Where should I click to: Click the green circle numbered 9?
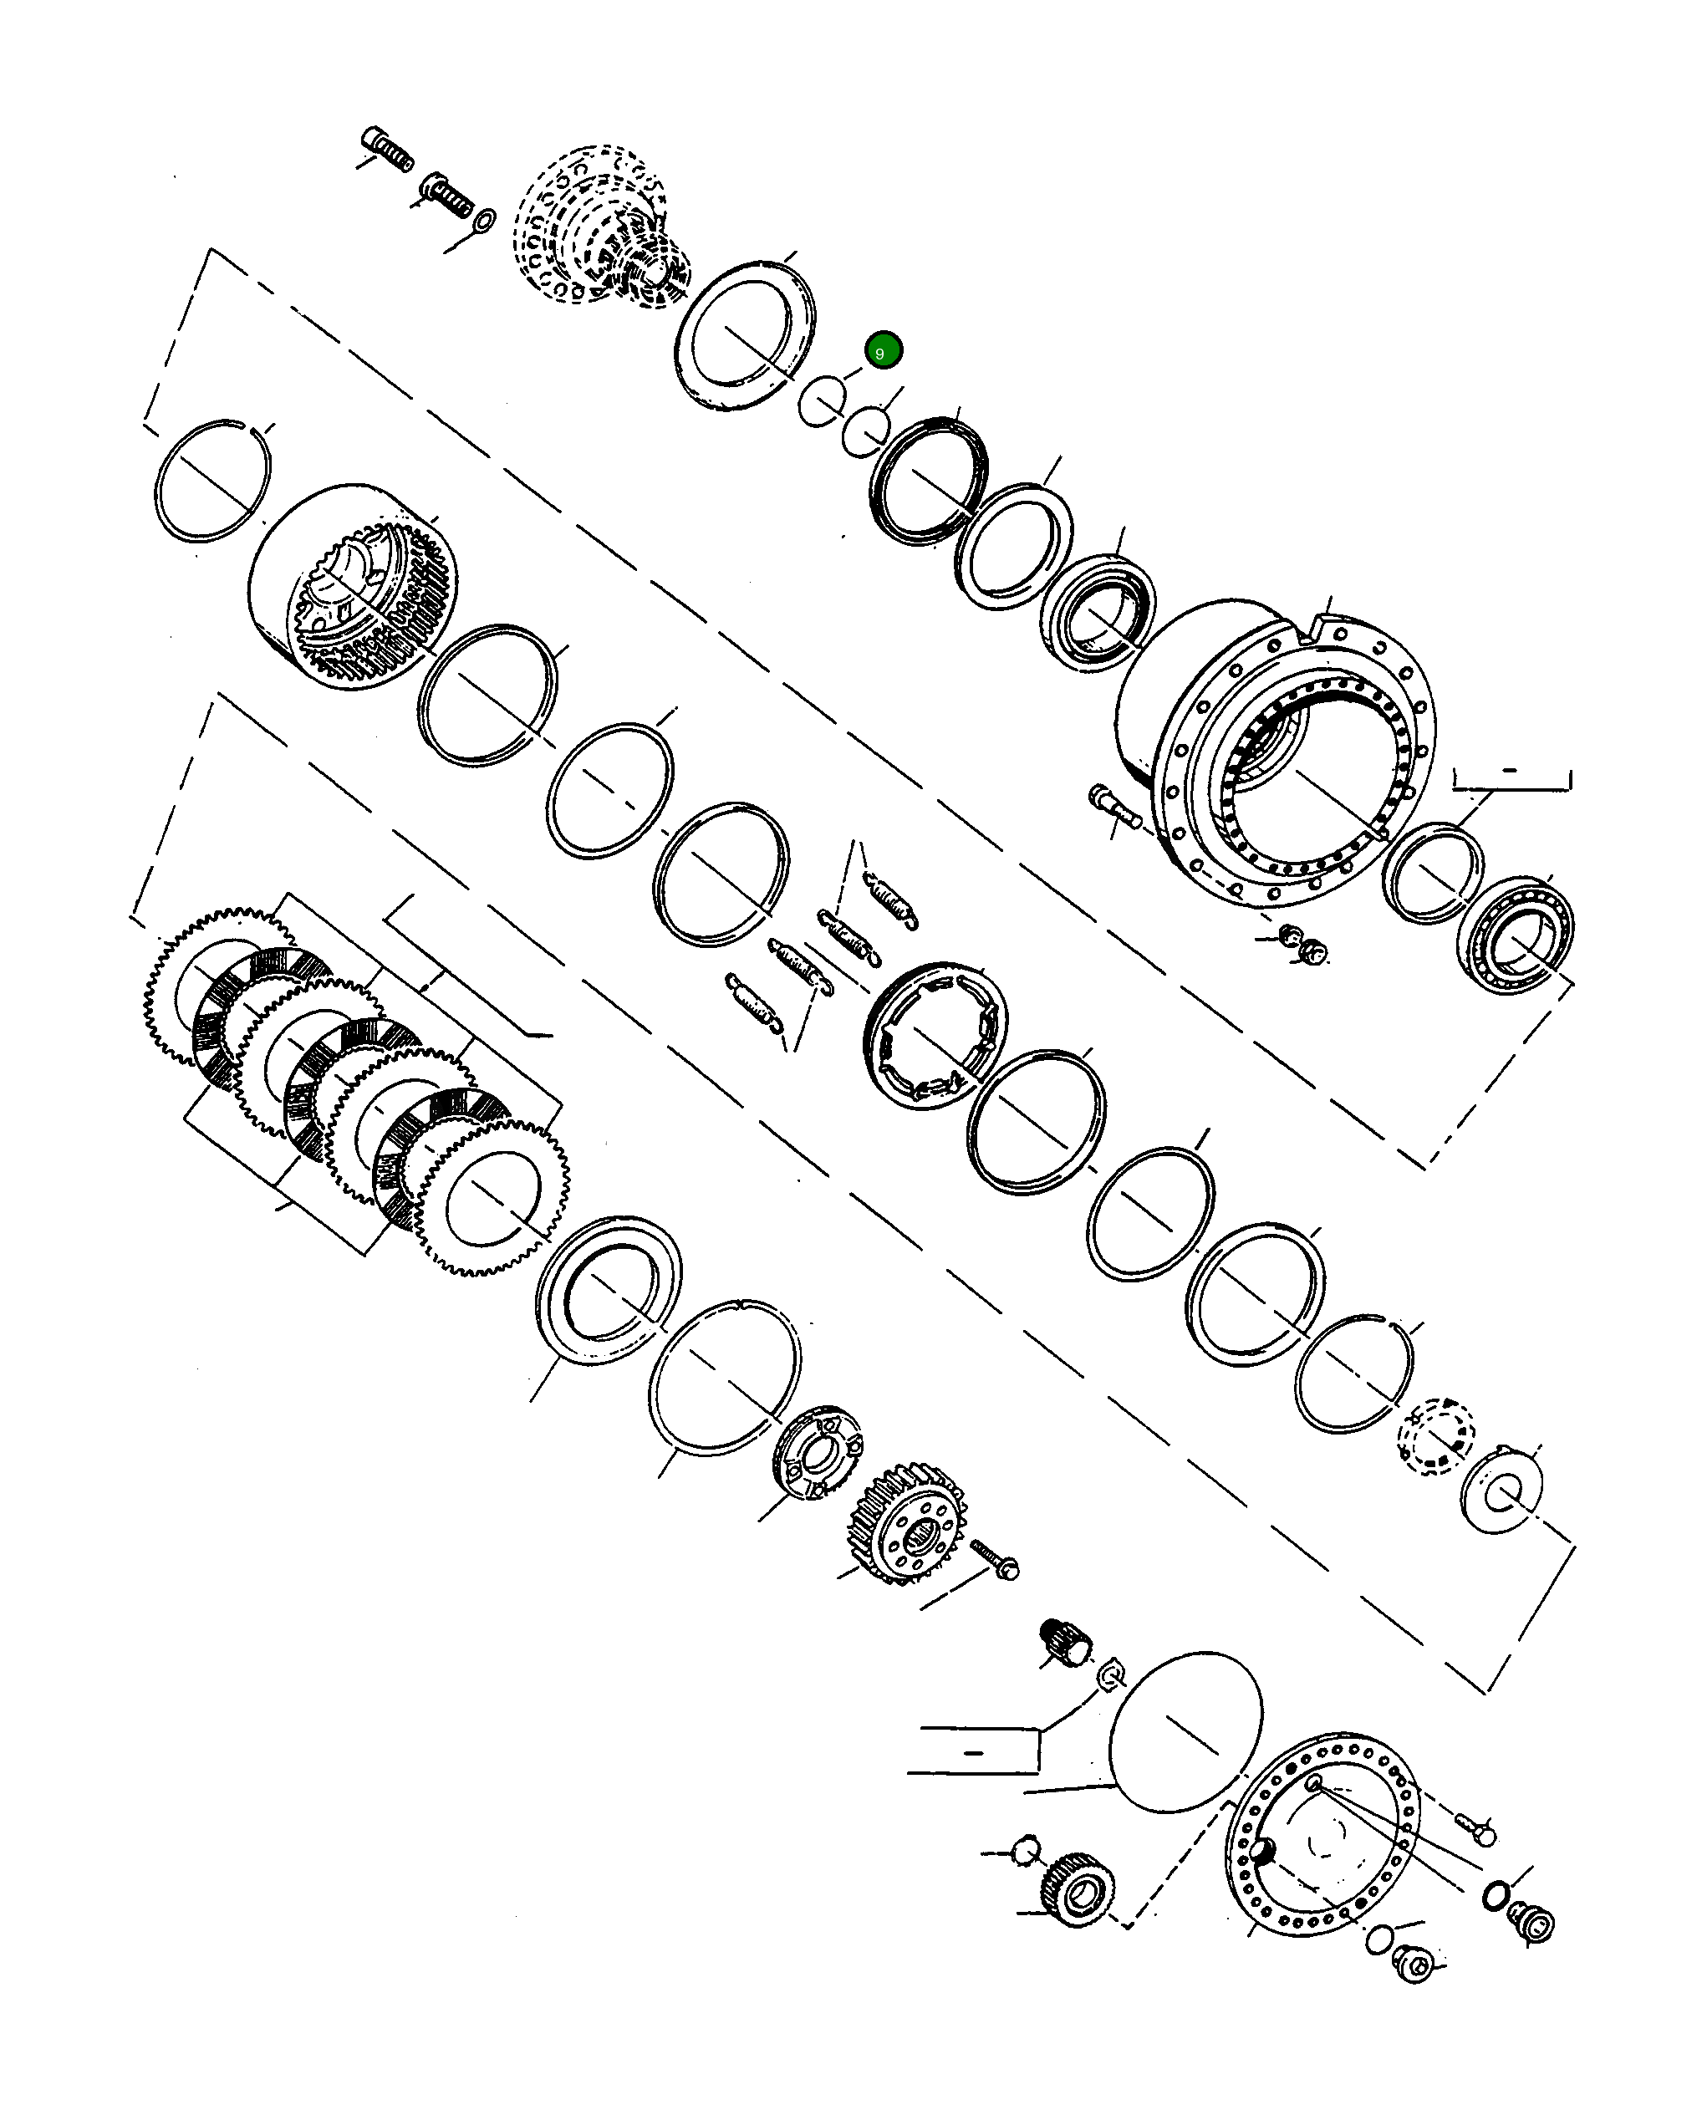(883, 351)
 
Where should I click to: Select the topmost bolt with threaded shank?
(387, 147)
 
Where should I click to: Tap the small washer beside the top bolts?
(484, 220)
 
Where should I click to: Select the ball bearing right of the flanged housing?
(1516, 935)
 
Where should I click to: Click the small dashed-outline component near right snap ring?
(1435, 1437)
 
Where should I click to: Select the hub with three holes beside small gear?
(818, 1451)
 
